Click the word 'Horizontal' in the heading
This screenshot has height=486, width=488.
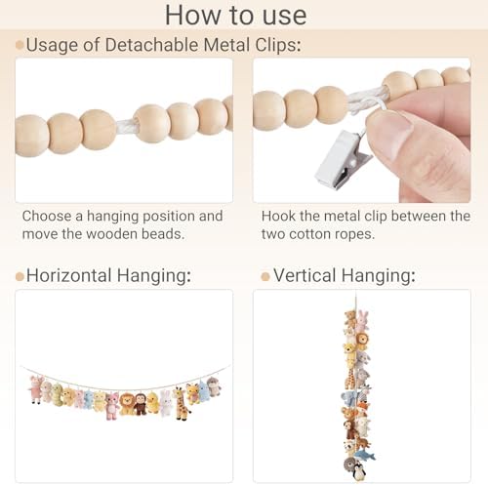[69, 275]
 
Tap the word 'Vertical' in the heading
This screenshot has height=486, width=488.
[305, 275]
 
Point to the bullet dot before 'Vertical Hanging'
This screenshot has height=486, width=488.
[265, 277]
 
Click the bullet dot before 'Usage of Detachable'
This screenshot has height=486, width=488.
[20, 45]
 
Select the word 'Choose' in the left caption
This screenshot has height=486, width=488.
[47, 216]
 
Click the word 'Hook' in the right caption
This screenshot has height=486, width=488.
[278, 216]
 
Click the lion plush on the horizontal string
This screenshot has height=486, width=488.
[126, 404]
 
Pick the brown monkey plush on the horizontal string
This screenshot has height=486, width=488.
[141, 404]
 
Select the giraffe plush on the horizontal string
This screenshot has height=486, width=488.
[181, 403]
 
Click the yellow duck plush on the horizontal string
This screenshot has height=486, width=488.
[153, 402]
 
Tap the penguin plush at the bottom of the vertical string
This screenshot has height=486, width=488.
[358, 472]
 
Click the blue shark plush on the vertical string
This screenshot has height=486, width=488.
[365, 455]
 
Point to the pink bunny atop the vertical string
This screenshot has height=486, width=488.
[362, 321]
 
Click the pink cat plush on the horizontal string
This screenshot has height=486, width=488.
[112, 405]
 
